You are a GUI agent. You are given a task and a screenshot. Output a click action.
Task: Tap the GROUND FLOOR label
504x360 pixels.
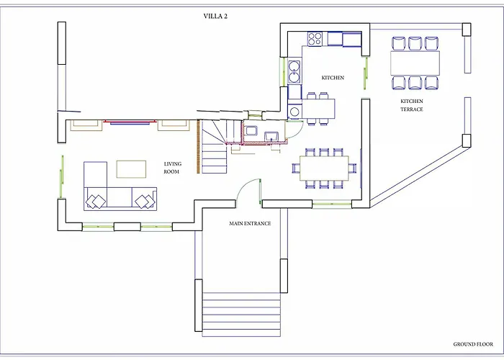(471, 344)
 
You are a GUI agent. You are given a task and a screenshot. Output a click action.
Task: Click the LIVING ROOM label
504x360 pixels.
(172, 168)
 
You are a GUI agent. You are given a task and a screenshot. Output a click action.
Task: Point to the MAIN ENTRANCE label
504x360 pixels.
(250, 224)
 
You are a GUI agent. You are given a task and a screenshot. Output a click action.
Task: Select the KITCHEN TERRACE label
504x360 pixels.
(412, 105)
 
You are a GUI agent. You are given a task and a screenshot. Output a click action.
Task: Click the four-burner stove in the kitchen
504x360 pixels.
(315, 39)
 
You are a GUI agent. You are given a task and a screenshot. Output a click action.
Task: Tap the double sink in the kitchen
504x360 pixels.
(294, 72)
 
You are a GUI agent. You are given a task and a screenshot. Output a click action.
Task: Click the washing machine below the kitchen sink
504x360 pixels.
(294, 112)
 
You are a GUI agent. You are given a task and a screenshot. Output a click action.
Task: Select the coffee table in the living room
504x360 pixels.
(130, 168)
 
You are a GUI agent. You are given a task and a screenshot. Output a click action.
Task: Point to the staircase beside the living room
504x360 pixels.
(215, 148)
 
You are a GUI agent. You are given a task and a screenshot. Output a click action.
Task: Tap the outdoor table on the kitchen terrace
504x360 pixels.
(415, 63)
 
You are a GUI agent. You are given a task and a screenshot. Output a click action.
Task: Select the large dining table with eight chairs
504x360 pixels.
(324, 168)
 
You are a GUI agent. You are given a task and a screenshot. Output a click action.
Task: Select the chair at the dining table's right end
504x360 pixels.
(353, 168)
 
